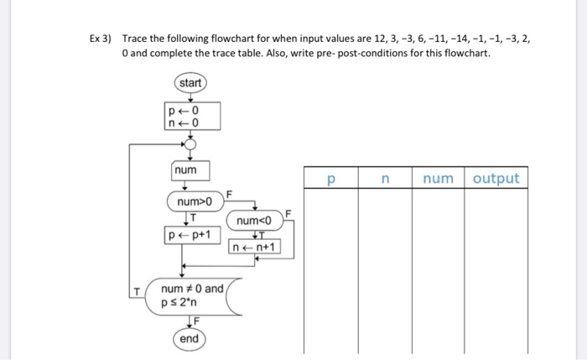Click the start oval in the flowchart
(190, 84)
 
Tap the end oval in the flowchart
(189, 338)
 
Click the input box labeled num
(185, 171)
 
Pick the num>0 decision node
(195, 202)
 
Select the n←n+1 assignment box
(256, 248)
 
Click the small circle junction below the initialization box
(190, 144)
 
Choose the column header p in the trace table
(330, 178)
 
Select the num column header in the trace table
(438, 178)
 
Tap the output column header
(496, 178)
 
